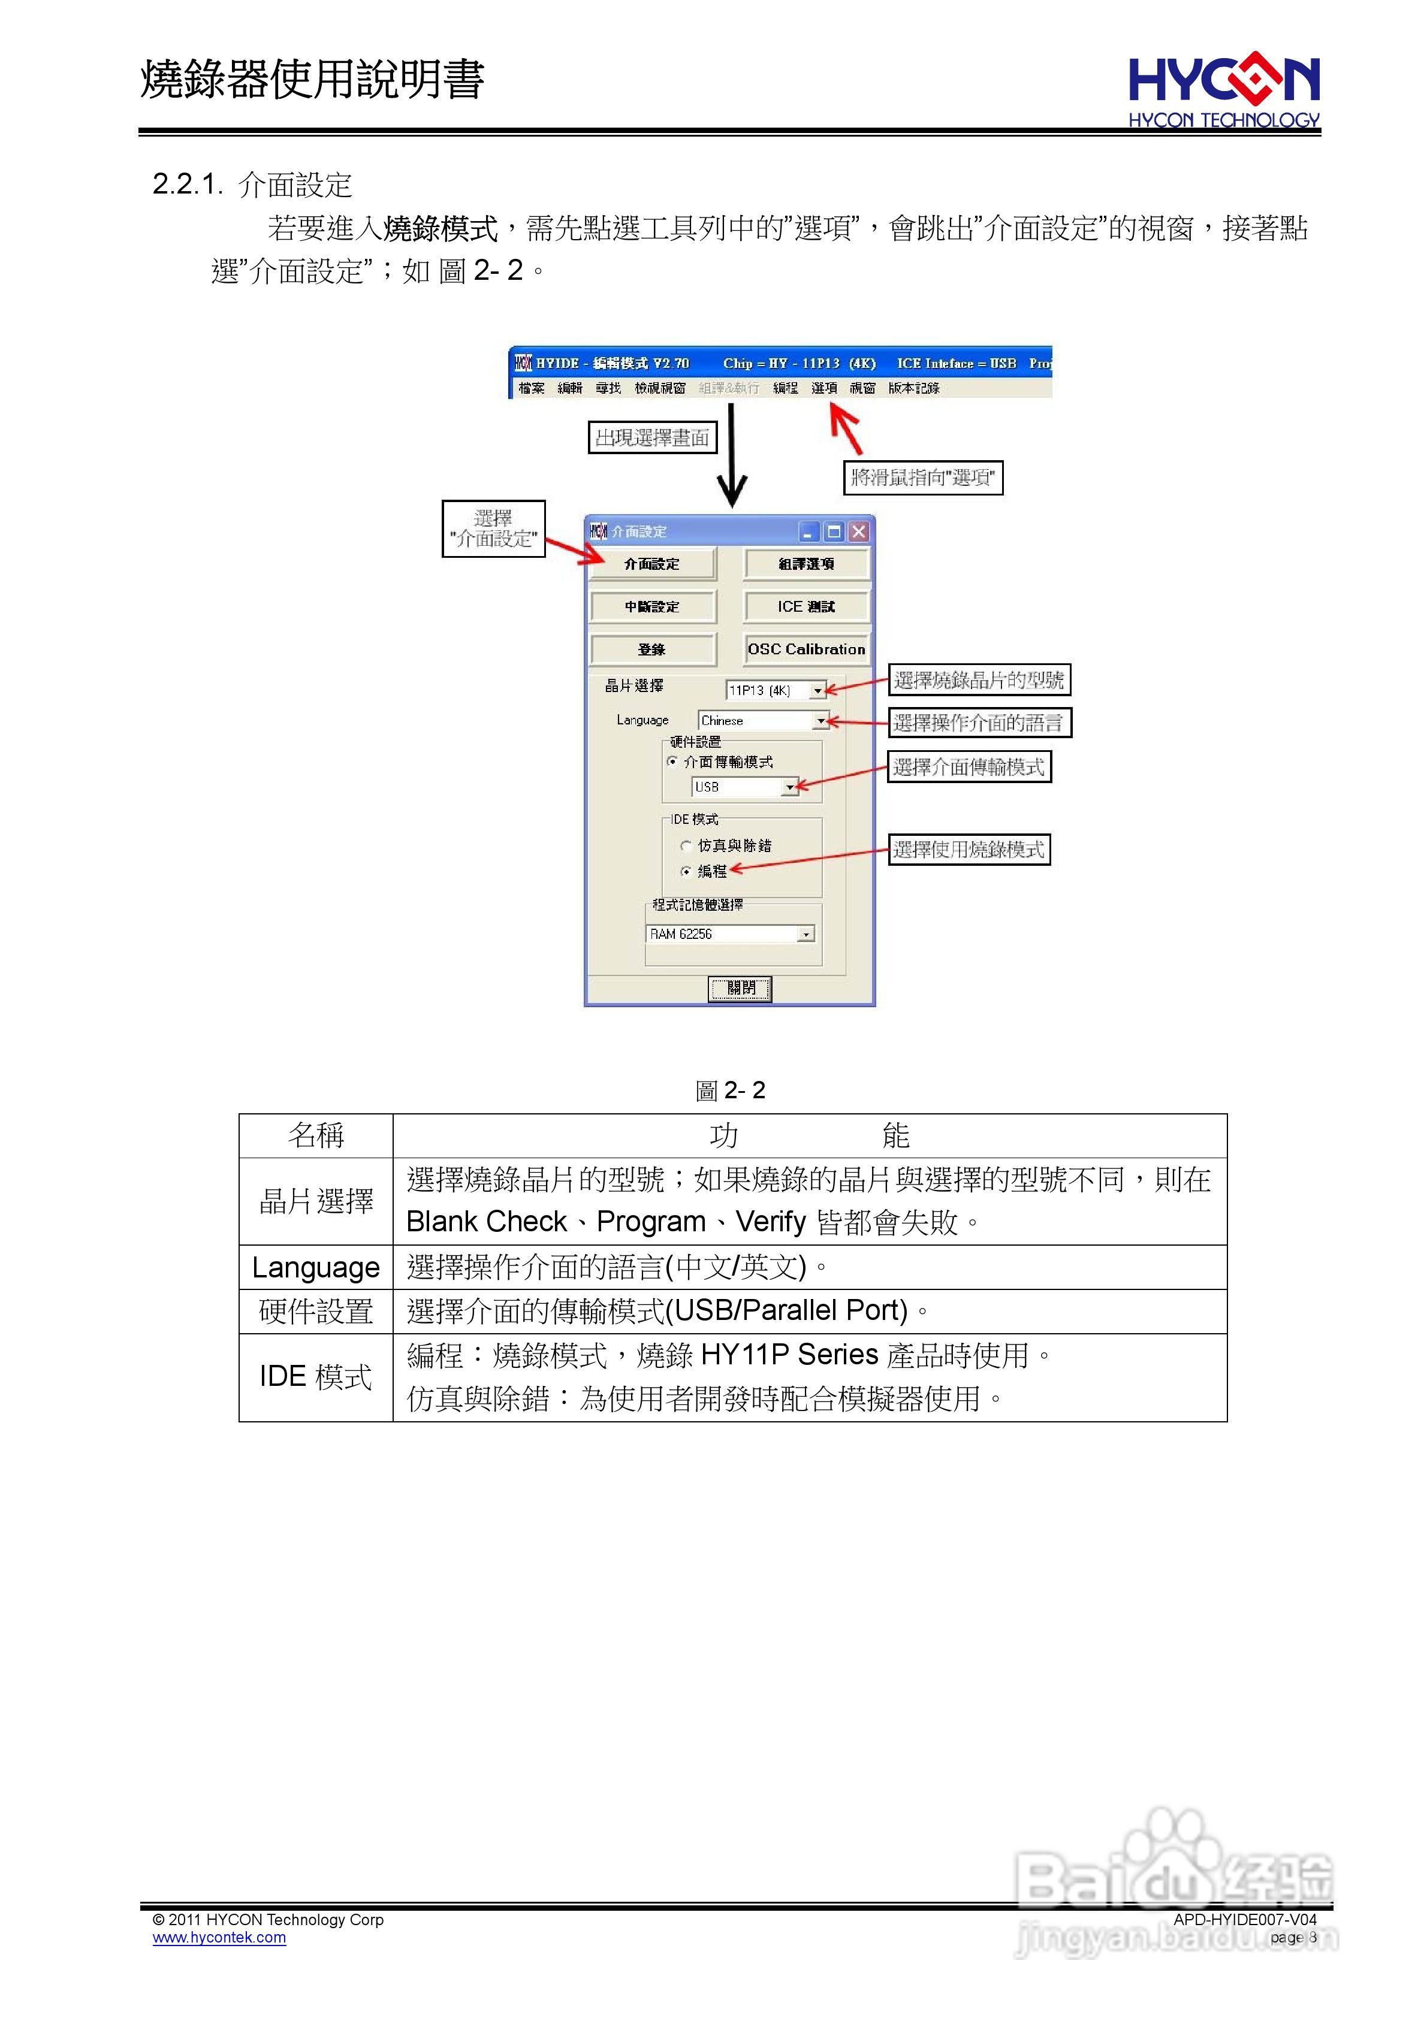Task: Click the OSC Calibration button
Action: [805, 649]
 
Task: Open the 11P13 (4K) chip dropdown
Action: [817, 691]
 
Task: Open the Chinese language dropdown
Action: [821, 721]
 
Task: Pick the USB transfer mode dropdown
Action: [791, 787]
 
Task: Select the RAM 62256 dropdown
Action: [805, 934]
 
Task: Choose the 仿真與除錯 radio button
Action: [686, 845]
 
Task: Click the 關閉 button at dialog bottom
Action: [740, 988]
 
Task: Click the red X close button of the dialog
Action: [859, 531]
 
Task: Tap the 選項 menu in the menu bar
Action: [824, 388]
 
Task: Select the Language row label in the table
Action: [316, 1267]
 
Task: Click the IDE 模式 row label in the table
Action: [316, 1376]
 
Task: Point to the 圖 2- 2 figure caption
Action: [730, 1090]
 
